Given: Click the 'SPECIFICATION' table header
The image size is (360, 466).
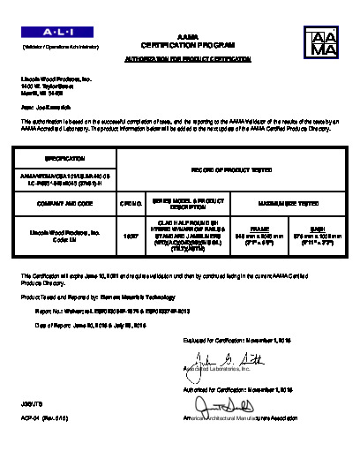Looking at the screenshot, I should (x=57, y=159).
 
